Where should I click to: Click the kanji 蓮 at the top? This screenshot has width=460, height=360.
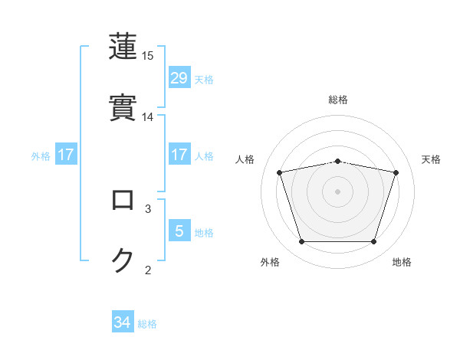(x=123, y=46)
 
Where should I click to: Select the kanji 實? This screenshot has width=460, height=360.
(x=123, y=107)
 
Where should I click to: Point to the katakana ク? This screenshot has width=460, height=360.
(x=123, y=260)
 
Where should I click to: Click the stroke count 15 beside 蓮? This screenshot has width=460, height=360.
(x=148, y=56)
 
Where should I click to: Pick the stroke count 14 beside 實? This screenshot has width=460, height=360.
(x=148, y=117)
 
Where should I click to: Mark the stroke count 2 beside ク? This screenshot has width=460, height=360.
(x=148, y=270)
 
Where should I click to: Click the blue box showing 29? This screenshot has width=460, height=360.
(x=179, y=78)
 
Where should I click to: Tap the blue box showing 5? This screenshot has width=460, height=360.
(x=179, y=231)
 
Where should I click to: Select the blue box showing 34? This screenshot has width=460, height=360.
(x=123, y=322)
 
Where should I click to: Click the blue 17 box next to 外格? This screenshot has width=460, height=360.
(x=66, y=155)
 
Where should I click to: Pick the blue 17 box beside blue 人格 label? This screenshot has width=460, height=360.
(x=179, y=155)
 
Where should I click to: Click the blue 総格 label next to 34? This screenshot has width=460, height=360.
(x=147, y=324)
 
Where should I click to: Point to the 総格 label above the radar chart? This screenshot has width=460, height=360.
(x=338, y=100)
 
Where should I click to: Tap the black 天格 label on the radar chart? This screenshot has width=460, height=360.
(x=432, y=159)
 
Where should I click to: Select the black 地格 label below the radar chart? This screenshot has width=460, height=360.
(x=402, y=262)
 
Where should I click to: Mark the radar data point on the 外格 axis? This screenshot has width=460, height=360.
(x=302, y=242)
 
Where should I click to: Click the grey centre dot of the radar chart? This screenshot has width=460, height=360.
(x=338, y=191)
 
